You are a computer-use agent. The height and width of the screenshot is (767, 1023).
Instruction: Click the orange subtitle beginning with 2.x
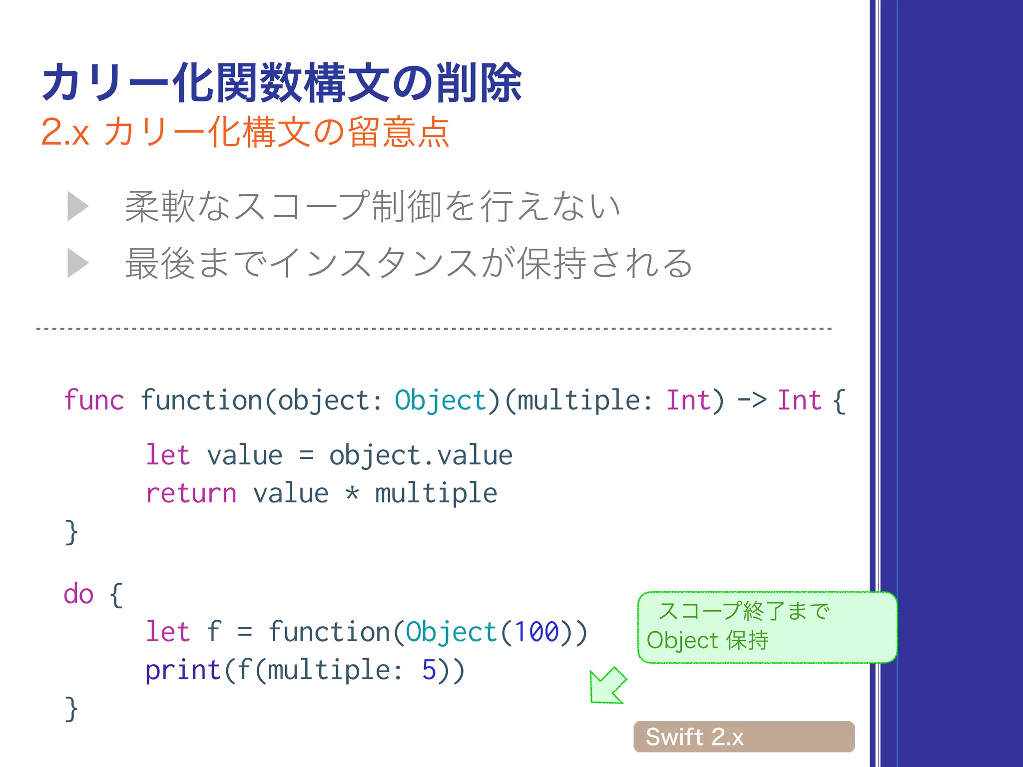pos(245,132)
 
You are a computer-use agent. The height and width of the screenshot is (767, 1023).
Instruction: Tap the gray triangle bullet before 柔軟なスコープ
pos(78,206)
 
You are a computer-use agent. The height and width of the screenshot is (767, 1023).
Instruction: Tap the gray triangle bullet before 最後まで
pos(78,263)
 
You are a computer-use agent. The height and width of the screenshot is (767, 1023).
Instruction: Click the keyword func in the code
pos(94,400)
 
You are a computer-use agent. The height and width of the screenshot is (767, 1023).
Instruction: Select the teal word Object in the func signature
pos(440,400)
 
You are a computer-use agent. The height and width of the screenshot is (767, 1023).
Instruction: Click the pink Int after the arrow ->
pos(799,400)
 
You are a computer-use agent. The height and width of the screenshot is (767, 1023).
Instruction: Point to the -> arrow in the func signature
pos(752,400)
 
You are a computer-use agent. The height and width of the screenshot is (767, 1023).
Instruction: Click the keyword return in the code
pos(191,493)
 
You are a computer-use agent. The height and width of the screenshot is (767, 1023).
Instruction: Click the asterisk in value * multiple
pos(352,493)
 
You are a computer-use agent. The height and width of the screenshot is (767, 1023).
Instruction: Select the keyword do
pos(78,594)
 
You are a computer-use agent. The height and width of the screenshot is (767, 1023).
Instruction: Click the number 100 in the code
pos(536,632)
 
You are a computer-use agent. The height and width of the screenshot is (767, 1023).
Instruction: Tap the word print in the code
pos(183,670)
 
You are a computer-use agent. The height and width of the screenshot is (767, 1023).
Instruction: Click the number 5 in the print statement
pos(429,670)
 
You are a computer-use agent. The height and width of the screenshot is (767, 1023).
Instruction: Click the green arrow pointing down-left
pos(607,686)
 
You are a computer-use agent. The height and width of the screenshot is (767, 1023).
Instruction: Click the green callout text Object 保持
pos(707,641)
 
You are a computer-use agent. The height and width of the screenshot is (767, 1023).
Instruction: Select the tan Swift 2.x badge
pos(744,737)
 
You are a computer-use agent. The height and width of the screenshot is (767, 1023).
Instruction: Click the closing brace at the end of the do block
pos(71,709)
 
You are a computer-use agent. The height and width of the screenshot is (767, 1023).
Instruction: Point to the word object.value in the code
pos(421,455)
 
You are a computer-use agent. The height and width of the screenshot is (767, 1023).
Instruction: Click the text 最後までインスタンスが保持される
pos(409,263)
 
